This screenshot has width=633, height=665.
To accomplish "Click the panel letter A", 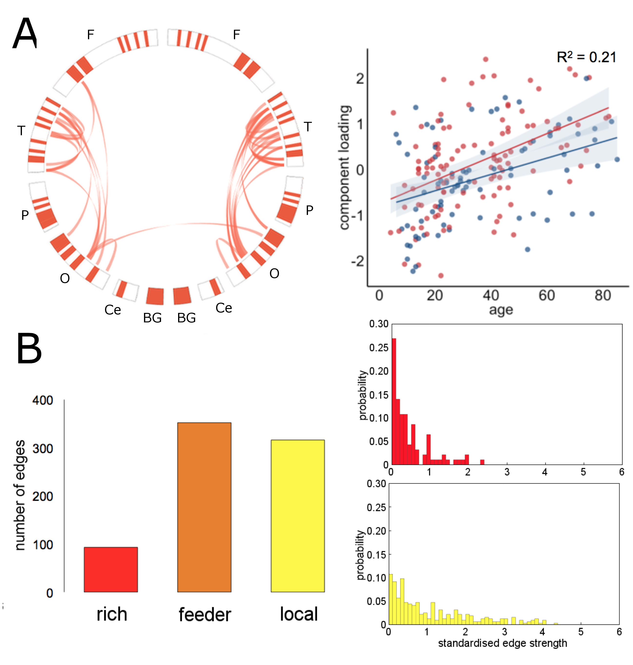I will pos(25,33).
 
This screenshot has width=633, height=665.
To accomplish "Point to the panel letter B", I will pos(29,348).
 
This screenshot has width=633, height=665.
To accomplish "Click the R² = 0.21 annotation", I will pos(586,57).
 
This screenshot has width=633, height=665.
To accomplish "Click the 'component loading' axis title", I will pos(345,168).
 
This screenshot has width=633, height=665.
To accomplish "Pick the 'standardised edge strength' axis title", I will pos(502,643).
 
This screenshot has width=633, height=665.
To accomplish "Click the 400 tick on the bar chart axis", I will pos(42,400).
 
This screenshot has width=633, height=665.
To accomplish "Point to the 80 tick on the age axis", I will pos(603,296).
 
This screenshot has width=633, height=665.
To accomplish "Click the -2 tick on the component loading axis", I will pos(358,261).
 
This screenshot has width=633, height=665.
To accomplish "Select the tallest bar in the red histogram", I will pos(393,402).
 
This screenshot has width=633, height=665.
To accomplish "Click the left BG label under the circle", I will pos(152,318).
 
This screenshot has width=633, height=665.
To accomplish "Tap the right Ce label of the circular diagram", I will pos(224,308).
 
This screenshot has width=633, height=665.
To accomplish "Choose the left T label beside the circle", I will pos(21,131).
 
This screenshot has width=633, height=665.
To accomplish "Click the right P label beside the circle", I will pos(309,210).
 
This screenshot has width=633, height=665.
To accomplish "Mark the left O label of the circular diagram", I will pos(65,278).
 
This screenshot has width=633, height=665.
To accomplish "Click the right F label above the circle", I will pos(237,34).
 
